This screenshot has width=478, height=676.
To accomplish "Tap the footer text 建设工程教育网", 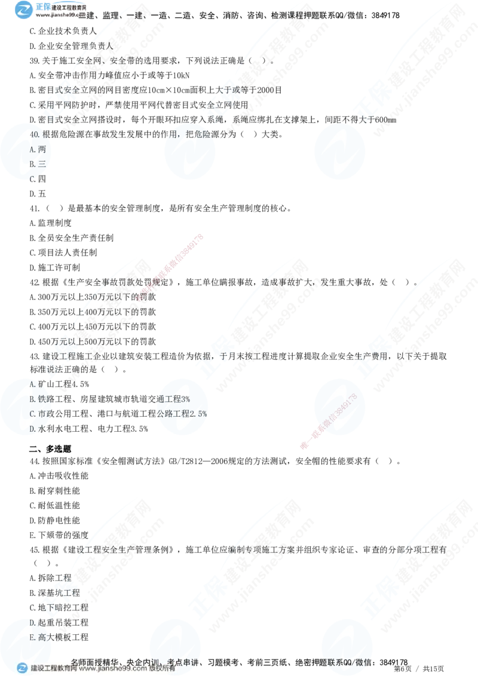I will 53,669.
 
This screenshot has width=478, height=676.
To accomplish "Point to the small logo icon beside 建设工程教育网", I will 22,668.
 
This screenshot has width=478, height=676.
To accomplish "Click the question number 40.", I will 35,135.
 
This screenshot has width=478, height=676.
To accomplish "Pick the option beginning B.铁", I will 38,398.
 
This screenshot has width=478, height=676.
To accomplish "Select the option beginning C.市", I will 38,413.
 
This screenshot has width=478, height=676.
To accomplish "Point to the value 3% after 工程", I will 185,398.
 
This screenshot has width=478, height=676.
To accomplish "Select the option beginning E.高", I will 38,637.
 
